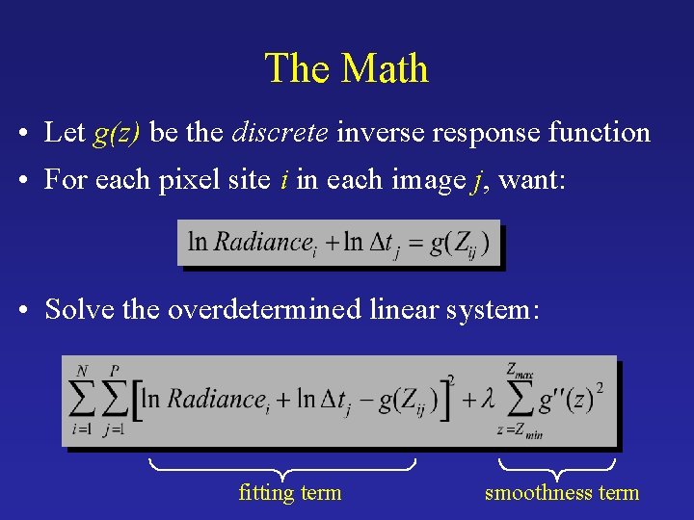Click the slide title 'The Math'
[346, 68]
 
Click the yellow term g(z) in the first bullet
[118, 133]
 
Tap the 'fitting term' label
[289, 493]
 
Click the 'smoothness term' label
[561, 493]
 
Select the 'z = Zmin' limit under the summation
[520, 432]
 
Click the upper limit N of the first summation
[81, 369]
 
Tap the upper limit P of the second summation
[116, 369]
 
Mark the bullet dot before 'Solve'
[33, 310]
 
